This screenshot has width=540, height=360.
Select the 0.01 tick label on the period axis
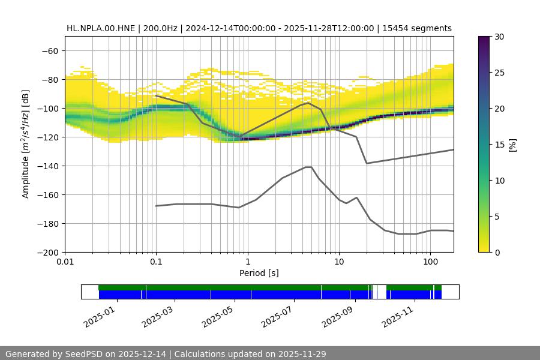click(65, 262)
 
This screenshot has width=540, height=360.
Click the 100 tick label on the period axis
click(430, 262)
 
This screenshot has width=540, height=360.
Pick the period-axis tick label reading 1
click(247, 262)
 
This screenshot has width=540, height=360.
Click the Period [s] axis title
click(259, 273)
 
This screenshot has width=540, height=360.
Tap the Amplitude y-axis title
click(26, 144)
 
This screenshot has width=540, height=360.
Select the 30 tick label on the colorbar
click(499, 37)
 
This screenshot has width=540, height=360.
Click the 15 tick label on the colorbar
click(499, 145)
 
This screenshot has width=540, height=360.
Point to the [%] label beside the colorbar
click(512, 145)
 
